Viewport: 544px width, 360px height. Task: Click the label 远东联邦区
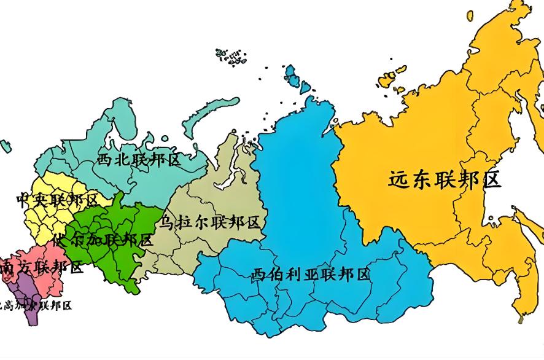click(445, 179)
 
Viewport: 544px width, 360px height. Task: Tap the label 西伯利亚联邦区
click(311, 275)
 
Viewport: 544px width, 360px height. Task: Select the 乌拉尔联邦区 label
click(210, 222)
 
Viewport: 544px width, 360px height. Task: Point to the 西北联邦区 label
click(139, 160)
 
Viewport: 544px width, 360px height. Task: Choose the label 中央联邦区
click(56, 200)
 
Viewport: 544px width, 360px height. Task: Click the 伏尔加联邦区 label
click(103, 240)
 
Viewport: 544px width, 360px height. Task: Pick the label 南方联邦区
click(42, 267)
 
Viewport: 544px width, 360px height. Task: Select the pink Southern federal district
click(52, 280)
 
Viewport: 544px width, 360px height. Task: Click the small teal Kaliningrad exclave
click(6, 146)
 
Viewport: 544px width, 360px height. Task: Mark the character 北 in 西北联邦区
click(123, 160)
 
